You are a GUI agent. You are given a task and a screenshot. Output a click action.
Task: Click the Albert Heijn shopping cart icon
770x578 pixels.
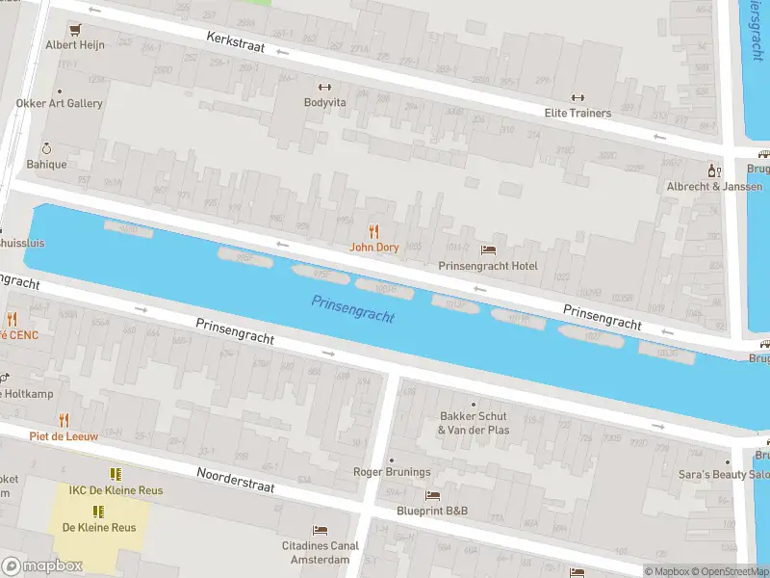pyautogui.click(x=74, y=29)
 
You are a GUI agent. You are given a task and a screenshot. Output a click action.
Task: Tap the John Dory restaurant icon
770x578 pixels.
pyautogui.click(x=374, y=231)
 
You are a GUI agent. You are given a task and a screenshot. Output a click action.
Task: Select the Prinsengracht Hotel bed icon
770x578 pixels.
pyautogui.click(x=488, y=250)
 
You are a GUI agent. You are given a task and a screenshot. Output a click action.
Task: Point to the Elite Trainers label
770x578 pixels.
pyautogui.click(x=577, y=113)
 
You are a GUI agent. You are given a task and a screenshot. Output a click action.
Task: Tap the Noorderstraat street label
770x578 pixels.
pyautogui.click(x=236, y=480)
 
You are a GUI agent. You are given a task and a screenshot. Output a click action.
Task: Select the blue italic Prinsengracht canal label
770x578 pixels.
pyautogui.click(x=353, y=309)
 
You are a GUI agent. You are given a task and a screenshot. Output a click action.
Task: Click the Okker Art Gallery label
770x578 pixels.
pyautogui.click(x=59, y=103)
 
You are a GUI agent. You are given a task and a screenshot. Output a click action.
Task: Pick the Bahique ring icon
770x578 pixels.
pyautogui.click(x=45, y=148)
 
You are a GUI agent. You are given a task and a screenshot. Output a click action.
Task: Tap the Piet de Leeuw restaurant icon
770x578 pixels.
pyautogui.click(x=64, y=419)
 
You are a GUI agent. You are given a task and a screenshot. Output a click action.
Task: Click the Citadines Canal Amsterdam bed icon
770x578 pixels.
pyautogui.click(x=320, y=530)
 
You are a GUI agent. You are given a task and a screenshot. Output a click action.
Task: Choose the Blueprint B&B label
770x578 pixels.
pyautogui.click(x=432, y=511)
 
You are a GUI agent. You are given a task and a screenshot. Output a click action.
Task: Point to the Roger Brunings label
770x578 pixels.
pyautogui.click(x=391, y=472)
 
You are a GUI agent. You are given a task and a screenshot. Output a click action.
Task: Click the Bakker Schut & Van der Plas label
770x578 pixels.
pyautogui.click(x=474, y=423)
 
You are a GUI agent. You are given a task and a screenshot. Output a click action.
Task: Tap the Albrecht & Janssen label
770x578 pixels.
pyautogui.click(x=715, y=186)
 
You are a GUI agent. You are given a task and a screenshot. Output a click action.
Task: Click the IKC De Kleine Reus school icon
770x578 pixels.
pyautogui.click(x=115, y=474)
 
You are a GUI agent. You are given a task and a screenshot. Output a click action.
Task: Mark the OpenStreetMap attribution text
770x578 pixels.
pyautogui.click(x=729, y=572)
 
